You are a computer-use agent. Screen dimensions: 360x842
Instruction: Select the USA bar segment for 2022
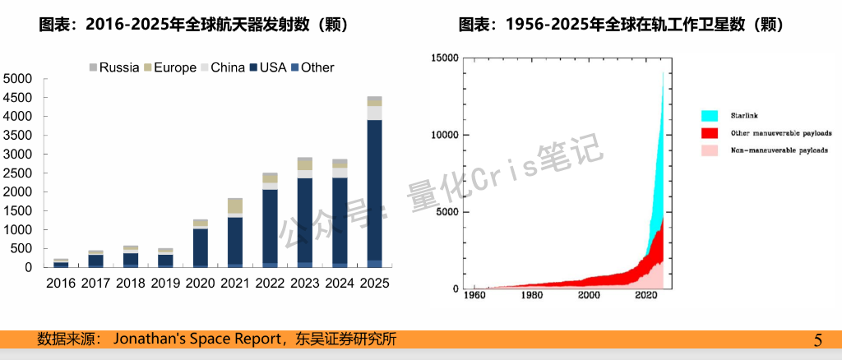[270, 226]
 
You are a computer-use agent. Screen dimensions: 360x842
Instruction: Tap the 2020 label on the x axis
[200, 282]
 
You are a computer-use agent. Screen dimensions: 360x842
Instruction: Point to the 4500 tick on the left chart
[17, 97]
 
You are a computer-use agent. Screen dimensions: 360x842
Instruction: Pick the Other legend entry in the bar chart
[312, 67]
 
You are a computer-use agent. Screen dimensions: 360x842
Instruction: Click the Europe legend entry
[169, 67]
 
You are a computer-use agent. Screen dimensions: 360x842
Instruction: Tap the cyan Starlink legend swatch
[710, 116]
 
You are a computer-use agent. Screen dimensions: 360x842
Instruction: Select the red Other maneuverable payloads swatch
[710, 133]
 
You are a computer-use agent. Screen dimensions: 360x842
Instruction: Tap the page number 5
[817, 340]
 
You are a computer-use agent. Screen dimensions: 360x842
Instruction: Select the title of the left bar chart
[193, 25]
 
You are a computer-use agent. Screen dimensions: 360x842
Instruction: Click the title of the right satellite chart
[621, 25]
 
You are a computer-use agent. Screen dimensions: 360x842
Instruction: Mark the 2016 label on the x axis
[61, 282]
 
